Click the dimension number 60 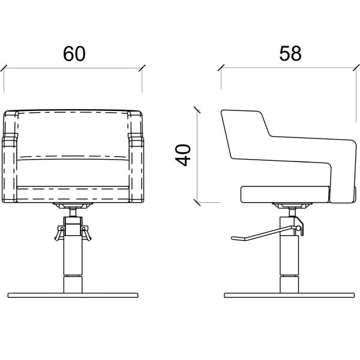click(x=74, y=54)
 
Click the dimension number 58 click(x=290, y=53)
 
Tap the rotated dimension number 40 click(x=183, y=155)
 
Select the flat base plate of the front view click(x=73, y=295)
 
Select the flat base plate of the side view click(x=289, y=295)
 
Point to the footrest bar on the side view click(x=264, y=234)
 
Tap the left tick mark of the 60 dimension click(x=4, y=68)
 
